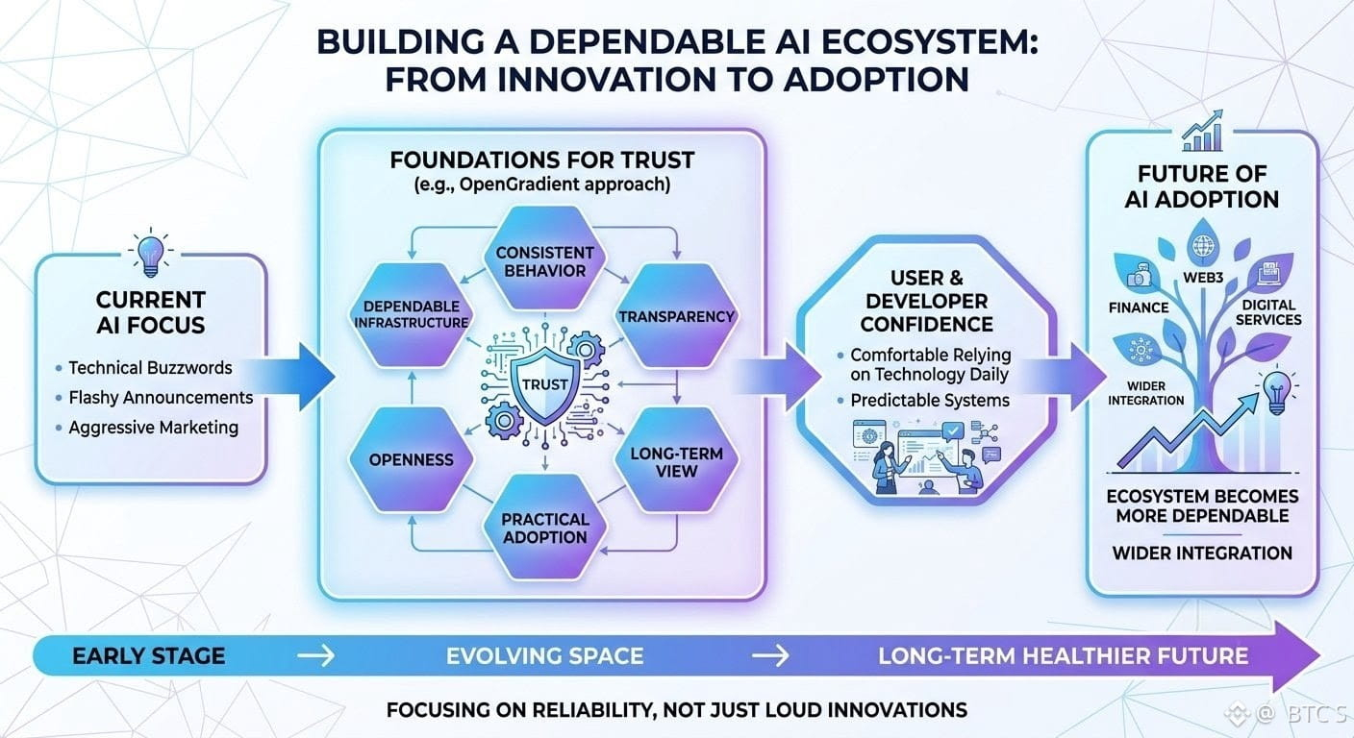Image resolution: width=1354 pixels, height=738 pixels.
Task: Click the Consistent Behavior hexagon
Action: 544,258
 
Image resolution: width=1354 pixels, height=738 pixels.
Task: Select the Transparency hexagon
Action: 676,315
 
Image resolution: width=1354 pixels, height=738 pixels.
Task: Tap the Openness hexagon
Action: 411,459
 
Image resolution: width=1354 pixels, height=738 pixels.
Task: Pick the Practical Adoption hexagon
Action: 544,528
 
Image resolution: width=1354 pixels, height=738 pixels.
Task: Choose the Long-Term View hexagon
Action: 676,461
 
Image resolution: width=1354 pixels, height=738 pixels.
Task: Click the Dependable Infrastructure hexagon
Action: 411,314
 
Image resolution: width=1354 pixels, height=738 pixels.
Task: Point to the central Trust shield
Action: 545,384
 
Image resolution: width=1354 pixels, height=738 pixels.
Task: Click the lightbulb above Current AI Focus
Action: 151,254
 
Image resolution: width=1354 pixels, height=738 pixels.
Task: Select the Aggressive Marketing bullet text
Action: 154,427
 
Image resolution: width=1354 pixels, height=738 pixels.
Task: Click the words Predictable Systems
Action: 930,400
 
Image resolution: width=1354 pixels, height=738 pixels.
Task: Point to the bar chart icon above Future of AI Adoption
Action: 1203,131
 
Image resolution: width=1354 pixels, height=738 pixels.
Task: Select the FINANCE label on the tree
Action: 1139,307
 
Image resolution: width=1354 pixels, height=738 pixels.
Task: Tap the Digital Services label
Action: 1268,312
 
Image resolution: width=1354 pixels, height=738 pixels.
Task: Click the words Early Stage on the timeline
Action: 149,656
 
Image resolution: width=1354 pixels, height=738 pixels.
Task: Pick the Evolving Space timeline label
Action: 544,656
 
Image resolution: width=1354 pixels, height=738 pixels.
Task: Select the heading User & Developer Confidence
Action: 927,301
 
